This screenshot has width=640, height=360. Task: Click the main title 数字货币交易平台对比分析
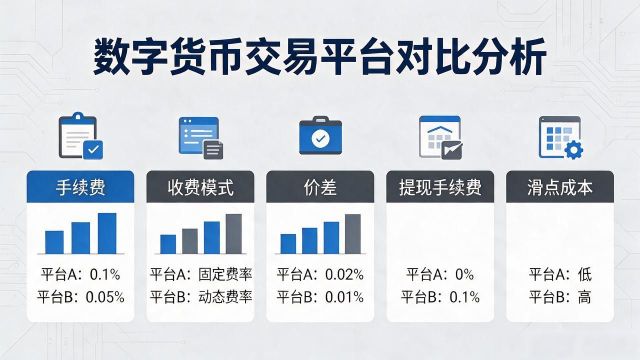320,57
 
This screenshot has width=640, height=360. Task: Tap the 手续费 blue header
80,187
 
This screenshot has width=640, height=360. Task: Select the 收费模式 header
200,187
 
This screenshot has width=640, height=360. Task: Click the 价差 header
320,187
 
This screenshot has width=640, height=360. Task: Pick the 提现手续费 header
440,187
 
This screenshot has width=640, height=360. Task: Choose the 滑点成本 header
560,187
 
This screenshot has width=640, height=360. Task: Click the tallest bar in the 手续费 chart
107,233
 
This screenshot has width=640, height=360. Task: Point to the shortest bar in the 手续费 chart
54,242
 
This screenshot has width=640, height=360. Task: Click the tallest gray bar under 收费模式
233,233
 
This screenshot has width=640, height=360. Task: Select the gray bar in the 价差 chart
352,234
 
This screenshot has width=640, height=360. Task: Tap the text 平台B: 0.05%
80,297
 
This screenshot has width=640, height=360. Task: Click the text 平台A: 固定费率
201,274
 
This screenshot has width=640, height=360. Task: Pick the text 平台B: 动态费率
201,297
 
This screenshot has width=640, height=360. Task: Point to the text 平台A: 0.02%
320,274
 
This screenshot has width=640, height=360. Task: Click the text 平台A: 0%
440,274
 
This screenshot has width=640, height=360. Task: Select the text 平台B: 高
560,297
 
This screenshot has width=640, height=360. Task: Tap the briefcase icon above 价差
320,135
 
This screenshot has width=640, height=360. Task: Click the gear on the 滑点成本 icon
574,149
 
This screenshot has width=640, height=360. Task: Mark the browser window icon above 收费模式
200,137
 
